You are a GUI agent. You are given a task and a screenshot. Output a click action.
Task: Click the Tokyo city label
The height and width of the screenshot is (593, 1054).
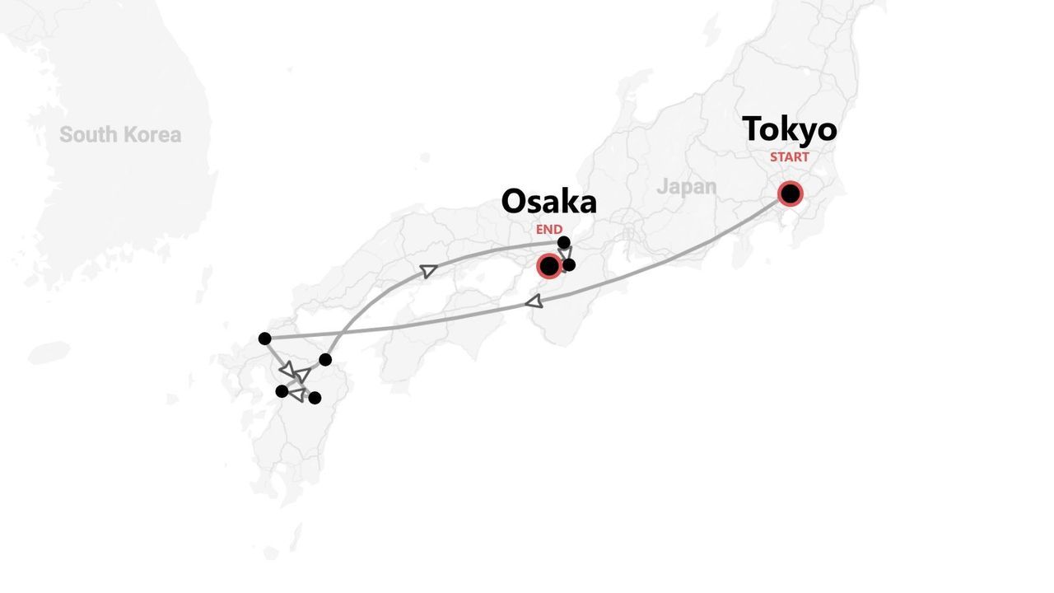pos(789,129)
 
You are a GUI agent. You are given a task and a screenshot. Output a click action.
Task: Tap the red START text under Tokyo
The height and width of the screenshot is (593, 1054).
pos(789,156)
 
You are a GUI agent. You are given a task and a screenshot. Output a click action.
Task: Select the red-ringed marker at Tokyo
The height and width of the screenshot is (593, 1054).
pos(790,194)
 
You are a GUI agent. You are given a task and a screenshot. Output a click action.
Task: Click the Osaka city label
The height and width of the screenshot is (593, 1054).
pos(548,202)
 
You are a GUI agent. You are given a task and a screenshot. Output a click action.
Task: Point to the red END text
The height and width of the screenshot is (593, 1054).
pos(549,230)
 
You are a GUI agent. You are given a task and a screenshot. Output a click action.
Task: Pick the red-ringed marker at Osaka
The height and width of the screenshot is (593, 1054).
pos(548,266)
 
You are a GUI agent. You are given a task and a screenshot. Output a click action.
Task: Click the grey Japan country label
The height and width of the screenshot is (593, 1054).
pos(686,187)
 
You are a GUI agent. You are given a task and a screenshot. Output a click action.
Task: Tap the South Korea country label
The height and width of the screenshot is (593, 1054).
pos(120,135)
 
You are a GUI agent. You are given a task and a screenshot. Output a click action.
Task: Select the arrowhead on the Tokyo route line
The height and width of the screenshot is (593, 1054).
pos(534,301)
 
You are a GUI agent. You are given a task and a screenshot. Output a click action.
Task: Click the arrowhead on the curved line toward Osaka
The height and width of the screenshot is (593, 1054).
pos(428,270)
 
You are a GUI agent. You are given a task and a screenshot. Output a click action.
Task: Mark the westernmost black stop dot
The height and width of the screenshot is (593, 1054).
pos(264,339)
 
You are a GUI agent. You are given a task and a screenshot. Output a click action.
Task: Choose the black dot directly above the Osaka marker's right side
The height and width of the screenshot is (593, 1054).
pos(563,242)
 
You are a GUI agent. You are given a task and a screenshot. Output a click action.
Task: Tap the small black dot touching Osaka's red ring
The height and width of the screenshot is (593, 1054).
pos(568,264)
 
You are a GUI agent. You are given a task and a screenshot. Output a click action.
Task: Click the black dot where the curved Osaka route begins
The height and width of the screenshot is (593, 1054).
pos(325,359)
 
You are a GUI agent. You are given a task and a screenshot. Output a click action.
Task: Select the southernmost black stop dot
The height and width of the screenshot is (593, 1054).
pos(315,398)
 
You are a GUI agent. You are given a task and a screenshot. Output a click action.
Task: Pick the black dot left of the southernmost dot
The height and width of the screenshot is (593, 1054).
pos(282,391)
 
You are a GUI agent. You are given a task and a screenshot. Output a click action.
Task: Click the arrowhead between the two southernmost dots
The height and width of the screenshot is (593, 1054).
pos(296,395)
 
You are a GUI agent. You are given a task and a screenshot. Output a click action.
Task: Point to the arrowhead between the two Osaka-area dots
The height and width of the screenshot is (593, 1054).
pos(566,254)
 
